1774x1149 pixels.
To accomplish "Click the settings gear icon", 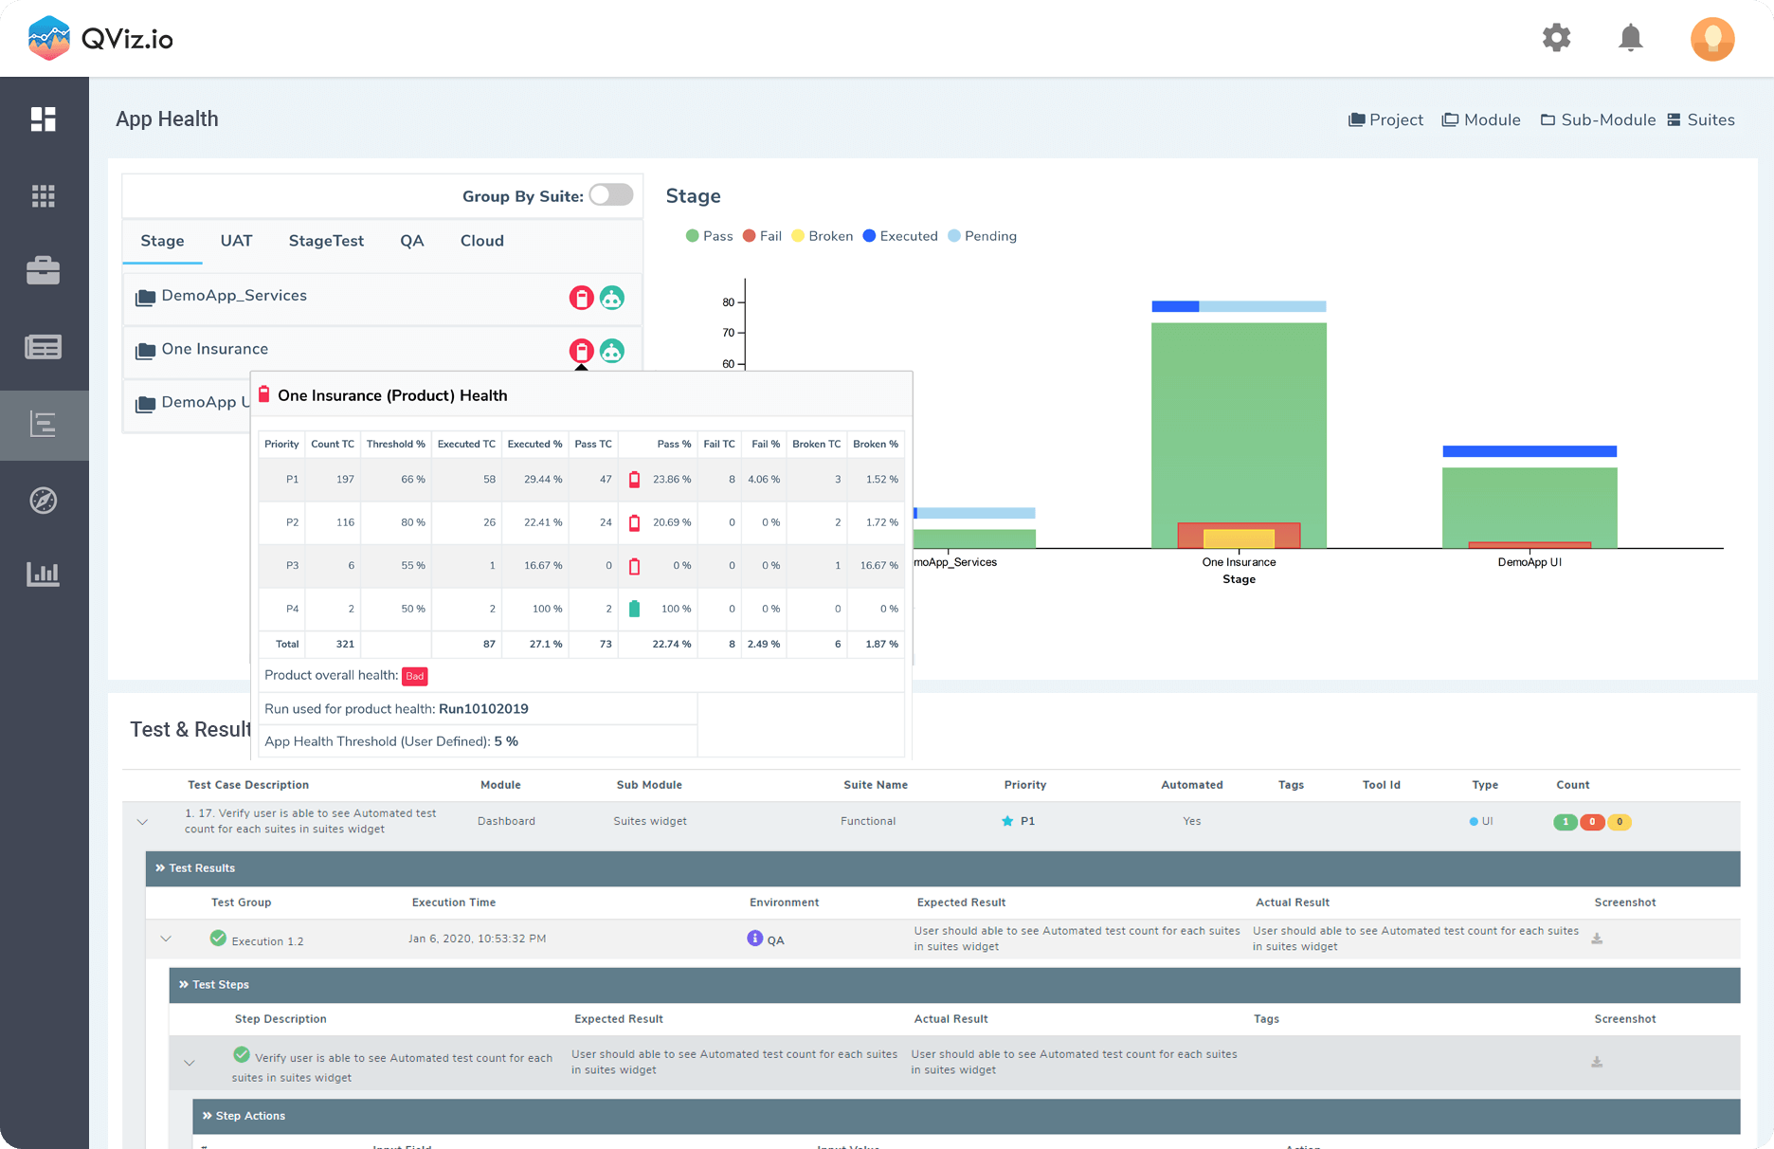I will (1556, 38).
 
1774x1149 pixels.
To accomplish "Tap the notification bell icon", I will (1630, 38).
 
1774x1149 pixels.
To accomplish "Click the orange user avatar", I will (1711, 39).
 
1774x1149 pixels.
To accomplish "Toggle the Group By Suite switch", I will (611, 195).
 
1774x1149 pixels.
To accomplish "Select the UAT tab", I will (236, 241).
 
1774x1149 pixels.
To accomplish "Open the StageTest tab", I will (326, 241).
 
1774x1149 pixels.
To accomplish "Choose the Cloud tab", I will (481, 241).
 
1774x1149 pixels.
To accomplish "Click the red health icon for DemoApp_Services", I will (581, 298).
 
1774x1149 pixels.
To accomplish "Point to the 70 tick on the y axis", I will (729, 333).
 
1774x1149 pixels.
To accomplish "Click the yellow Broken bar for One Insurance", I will (1239, 538).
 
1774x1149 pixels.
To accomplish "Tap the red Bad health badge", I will (414, 676).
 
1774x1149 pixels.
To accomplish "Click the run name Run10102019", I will (483, 709).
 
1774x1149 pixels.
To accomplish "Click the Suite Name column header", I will (875, 785).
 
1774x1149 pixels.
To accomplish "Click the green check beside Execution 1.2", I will (218, 939).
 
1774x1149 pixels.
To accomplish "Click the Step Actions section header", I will (250, 1116).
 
